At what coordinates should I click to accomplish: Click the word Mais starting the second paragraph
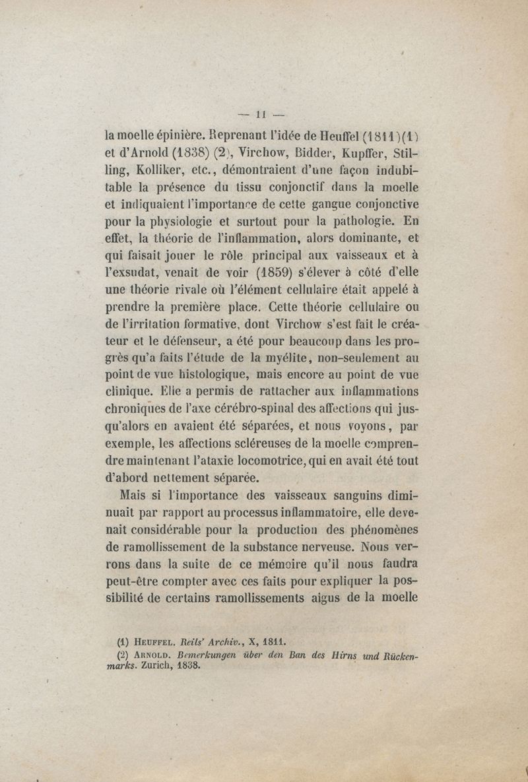click(135, 494)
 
